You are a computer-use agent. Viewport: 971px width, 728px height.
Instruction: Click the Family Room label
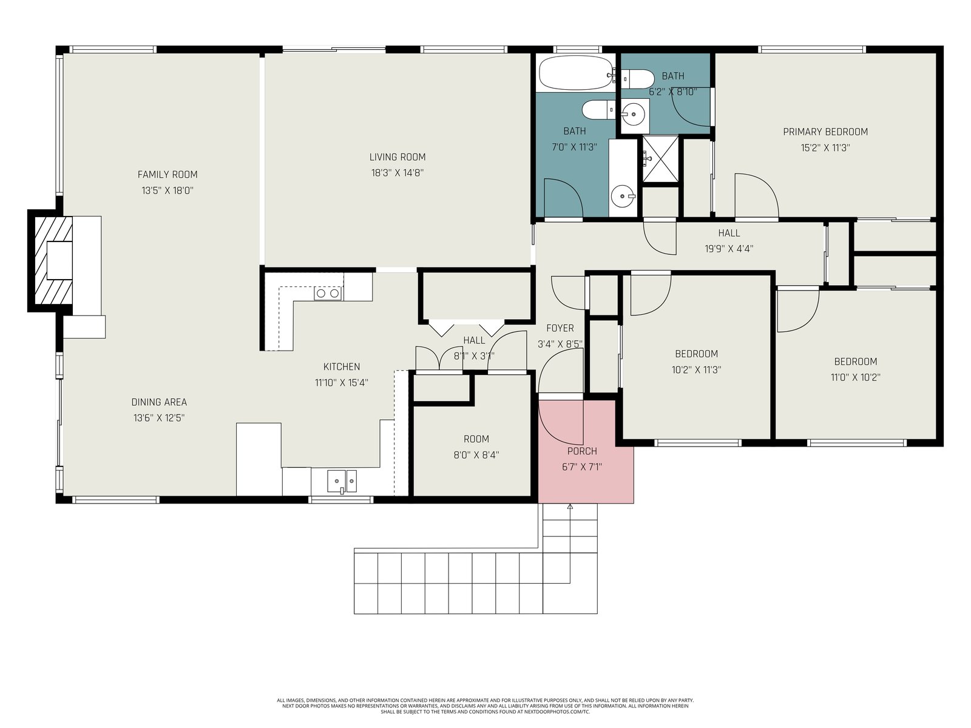click(x=167, y=175)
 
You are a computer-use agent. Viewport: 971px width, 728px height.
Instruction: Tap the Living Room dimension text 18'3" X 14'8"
click(x=398, y=173)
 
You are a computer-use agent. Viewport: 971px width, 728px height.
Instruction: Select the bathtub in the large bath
click(x=576, y=73)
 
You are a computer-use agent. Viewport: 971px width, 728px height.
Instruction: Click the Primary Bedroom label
click(x=825, y=132)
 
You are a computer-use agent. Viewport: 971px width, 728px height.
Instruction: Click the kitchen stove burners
click(x=328, y=293)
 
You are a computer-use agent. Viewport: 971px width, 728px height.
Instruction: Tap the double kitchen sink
click(x=342, y=481)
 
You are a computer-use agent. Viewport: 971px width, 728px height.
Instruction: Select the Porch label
click(x=582, y=451)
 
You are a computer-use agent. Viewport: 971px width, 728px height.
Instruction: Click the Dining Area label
click(x=159, y=402)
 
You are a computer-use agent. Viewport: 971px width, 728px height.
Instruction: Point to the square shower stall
click(x=660, y=159)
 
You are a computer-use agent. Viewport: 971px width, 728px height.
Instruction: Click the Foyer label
click(x=560, y=328)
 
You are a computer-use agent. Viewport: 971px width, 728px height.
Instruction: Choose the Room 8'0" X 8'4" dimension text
click(x=476, y=455)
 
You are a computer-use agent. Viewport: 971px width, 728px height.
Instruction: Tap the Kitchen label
click(x=342, y=367)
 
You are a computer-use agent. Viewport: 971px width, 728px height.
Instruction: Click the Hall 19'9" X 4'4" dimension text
click(x=729, y=249)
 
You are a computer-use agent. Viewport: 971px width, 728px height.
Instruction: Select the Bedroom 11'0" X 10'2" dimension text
click(x=855, y=377)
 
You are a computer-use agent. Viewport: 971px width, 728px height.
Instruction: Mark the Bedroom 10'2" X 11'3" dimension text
click(x=696, y=369)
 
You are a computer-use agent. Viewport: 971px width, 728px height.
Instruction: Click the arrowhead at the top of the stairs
click(x=570, y=506)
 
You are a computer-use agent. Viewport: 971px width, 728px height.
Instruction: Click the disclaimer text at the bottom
click(x=486, y=706)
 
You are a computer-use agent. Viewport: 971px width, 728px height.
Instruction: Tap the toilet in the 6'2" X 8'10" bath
click(x=638, y=79)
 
